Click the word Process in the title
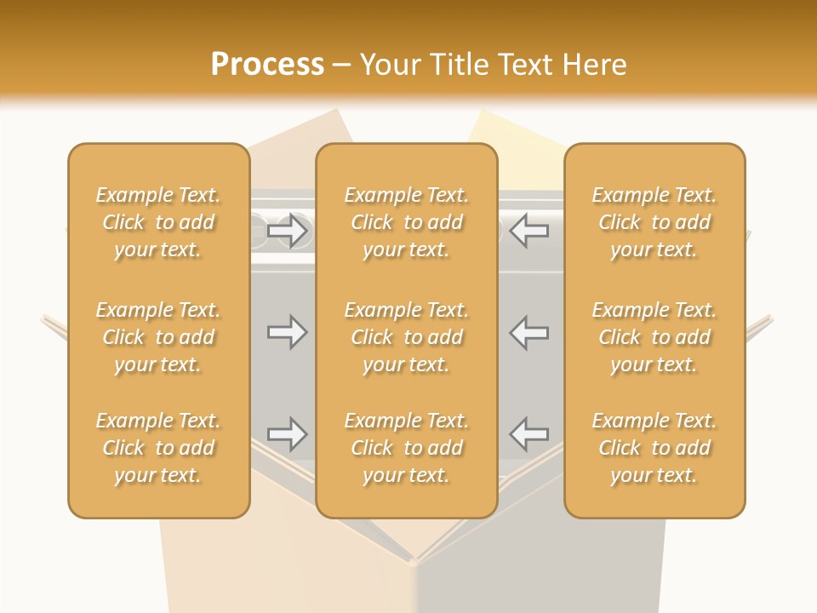267,64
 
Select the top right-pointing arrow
287,230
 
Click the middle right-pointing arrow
287,332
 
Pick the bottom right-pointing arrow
287,434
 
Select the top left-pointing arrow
529,230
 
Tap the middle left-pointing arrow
529,332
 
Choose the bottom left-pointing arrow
529,434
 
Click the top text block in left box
158,222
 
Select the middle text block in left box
158,337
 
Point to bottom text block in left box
158,448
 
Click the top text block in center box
406,222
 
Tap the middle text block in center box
406,337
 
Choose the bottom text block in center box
406,448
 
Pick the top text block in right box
654,222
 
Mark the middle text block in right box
654,337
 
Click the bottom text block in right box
654,448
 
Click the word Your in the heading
388,64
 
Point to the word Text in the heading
524,64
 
